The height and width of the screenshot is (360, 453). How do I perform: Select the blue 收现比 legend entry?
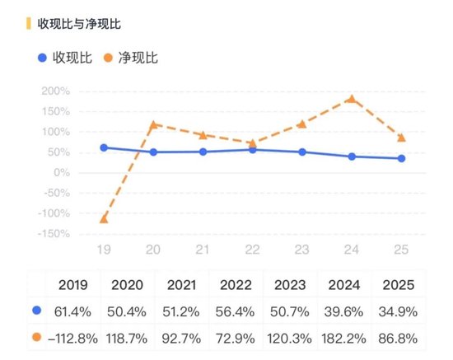(x=66, y=58)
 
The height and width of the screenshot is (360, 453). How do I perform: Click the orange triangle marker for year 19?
(x=104, y=218)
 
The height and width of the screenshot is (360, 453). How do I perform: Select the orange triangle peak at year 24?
(x=352, y=98)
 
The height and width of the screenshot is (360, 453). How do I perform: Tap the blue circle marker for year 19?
(x=104, y=147)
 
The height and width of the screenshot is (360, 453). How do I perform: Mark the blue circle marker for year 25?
(x=401, y=158)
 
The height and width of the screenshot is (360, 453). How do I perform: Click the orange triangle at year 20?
(x=153, y=124)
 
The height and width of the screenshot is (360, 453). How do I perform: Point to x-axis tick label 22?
(x=252, y=247)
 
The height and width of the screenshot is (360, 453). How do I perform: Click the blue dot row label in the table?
(x=35, y=311)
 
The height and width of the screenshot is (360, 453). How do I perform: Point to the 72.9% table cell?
(x=237, y=338)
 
